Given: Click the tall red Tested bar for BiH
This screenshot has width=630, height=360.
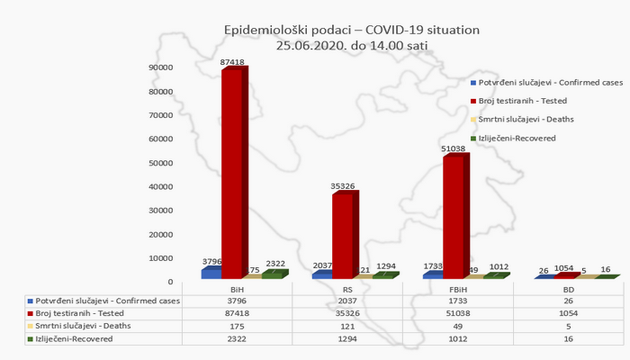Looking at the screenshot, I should [232, 171].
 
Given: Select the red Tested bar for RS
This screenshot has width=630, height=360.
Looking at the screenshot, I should [343, 234].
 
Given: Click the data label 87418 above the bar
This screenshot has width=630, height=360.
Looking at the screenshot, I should [232, 62].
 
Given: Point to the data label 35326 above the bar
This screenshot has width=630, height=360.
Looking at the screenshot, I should [343, 186].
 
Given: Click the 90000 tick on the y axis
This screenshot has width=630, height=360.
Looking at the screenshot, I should [162, 67].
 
